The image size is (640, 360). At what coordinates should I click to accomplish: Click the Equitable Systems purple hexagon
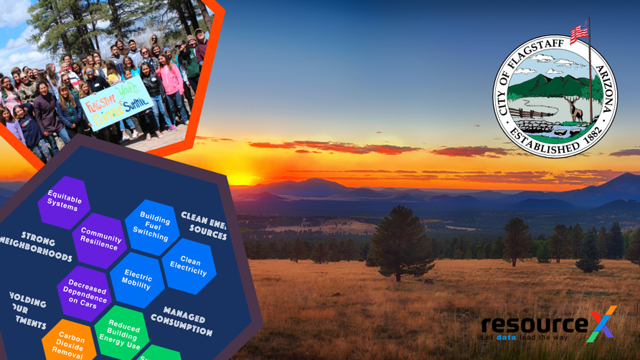tap(64, 201)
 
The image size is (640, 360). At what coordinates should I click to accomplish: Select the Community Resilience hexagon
tap(100, 239)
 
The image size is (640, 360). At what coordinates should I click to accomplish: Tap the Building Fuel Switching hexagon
tap(153, 226)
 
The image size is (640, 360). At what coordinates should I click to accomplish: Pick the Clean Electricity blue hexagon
tap(189, 265)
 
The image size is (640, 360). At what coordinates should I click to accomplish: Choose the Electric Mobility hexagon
tap(136, 279)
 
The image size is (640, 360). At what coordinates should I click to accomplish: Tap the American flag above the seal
tap(580, 31)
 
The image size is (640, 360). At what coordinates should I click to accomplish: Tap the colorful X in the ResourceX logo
tap(601, 323)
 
